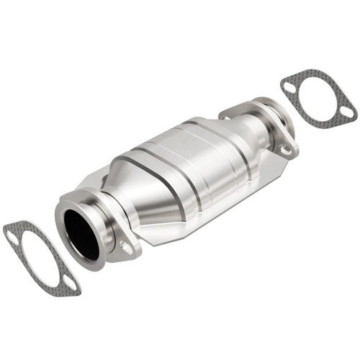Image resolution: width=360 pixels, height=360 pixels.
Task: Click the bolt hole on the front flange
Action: point(128,248)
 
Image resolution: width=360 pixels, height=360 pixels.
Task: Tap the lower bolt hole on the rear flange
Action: point(286,150)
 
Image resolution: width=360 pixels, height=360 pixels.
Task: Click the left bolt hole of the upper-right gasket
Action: point(289,86)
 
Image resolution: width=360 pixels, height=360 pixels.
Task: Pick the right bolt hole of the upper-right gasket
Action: point(346,112)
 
